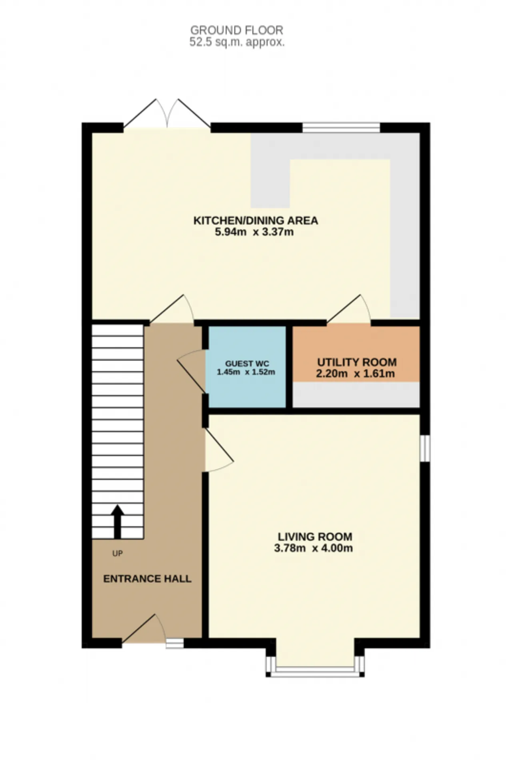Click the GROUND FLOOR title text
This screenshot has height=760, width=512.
(237, 30)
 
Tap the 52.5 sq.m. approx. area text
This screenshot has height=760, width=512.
(237, 42)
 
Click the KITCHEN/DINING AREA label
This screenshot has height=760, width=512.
(256, 220)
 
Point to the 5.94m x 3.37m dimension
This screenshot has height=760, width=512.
(254, 232)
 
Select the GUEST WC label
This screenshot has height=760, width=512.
(247, 364)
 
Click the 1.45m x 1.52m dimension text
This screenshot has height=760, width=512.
(246, 372)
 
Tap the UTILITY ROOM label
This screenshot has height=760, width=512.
(357, 362)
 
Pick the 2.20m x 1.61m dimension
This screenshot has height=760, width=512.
(355, 374)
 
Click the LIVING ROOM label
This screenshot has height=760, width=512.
(315, 536)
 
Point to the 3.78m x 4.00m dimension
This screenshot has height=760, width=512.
(313, 548)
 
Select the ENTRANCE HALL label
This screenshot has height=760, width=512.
(147, 579)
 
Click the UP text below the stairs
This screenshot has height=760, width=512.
(117, 553)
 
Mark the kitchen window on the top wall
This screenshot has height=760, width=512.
(341, 127)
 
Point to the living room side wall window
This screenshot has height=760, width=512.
(425, 448)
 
